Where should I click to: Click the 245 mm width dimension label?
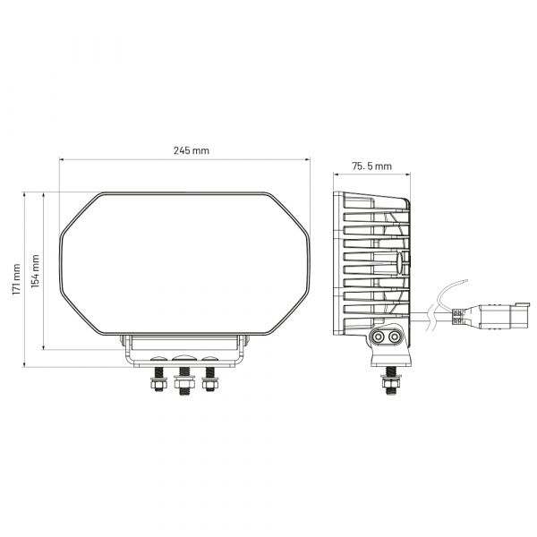[x=192, y=150]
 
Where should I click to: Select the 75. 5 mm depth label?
[x=371, y=166]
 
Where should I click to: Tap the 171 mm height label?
[x=16, y=279]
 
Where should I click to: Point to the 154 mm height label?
[x=35, y=271]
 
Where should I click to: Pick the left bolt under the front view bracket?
[x=158, y=379]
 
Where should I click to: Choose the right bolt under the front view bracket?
[x=209, y=379]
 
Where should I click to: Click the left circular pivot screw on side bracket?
[x=378, y=337]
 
